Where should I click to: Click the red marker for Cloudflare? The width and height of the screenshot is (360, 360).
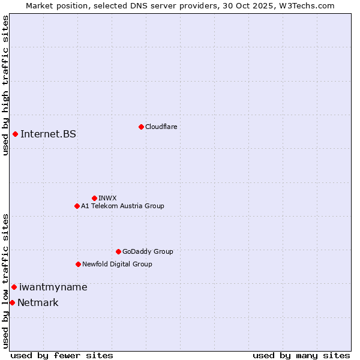(x=141, y=127)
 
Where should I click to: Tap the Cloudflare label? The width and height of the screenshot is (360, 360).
(x=161, y=127)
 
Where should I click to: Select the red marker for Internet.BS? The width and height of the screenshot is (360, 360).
(x=15, y=134)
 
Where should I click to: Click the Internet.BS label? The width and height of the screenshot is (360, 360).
(x=48, y=134)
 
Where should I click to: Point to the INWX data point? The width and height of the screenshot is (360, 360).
(x=94, y=198)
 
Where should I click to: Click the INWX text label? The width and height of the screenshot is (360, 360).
(x=107, y=198)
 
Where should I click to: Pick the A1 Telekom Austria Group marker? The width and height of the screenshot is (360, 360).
(x=77, y=206)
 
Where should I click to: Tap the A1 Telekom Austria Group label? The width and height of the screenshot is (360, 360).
(x=122, y=206)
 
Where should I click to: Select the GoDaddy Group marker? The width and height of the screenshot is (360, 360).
(x=118, y=251)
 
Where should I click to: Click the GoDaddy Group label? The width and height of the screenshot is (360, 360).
(x=147, y=251)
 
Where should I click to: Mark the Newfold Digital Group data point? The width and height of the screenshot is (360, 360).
(x=78, y=264)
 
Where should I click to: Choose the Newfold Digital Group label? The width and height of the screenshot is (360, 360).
(x=117, y=264)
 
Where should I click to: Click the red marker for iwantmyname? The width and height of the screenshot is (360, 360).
(x=14, y=287)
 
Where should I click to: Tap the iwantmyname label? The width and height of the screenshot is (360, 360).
(x=53, y=287)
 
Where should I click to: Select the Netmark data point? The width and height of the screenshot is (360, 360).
(x=12, y=302)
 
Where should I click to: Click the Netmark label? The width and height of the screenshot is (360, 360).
(x=38, y=302)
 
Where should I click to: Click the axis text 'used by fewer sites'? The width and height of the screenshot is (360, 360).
(x=62, y=355)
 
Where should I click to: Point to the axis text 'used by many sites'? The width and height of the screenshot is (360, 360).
(x=301, y=355)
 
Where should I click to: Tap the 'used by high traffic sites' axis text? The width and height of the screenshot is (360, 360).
(x=5, y=85)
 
